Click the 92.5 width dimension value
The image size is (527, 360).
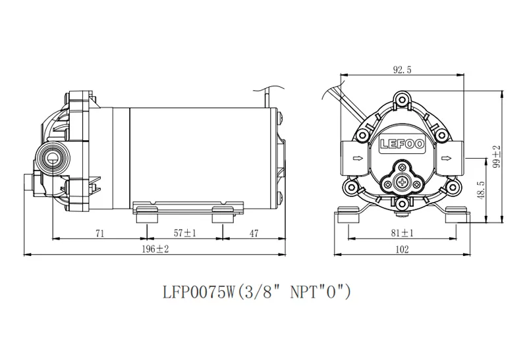[x=402, y=70]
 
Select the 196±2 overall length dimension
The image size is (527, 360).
[x=155, y=249]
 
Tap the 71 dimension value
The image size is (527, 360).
[x=100, y=233]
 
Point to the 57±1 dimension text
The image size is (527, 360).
[x=185, y=233]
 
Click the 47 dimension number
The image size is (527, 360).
[x=254, y=233]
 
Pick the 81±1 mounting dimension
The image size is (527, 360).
[x=402, y=233]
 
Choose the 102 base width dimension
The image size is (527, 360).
[x=402, y=249]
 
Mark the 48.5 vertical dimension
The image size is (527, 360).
[x=481, y=190]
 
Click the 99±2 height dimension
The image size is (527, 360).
[x=497, y=156]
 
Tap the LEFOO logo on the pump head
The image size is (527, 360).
[x=402, y=144]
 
